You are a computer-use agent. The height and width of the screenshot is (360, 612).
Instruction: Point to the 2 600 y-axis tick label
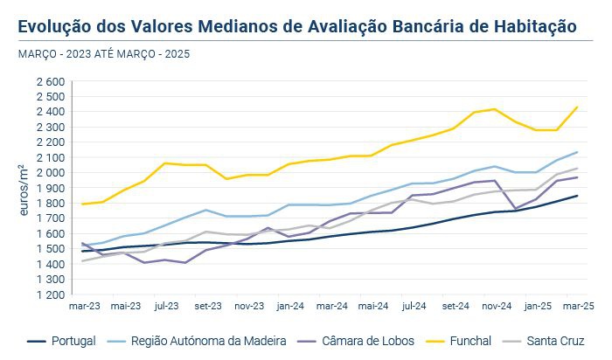click(51, 81)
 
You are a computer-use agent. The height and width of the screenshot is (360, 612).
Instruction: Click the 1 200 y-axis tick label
click(51, 294)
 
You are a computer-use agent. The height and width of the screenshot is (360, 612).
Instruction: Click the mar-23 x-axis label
click(84, 307)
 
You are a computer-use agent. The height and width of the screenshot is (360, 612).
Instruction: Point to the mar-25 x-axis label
click(577, 307)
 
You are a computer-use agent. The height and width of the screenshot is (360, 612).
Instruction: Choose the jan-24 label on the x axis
click(289, 307)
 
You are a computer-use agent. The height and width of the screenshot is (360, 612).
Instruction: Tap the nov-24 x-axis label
click(495, 307)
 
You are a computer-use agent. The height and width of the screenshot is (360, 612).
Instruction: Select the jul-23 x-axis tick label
click(166, 307)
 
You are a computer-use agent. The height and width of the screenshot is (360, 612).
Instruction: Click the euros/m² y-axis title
click(24, 188)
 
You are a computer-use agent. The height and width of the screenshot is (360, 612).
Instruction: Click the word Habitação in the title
click(533, 26)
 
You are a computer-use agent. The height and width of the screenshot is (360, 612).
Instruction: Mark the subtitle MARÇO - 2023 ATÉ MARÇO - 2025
click(103, 54)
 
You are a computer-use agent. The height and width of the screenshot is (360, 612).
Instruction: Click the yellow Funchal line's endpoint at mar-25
click(577, 107)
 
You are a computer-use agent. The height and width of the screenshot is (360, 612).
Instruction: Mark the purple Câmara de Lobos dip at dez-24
click(516, 209)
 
